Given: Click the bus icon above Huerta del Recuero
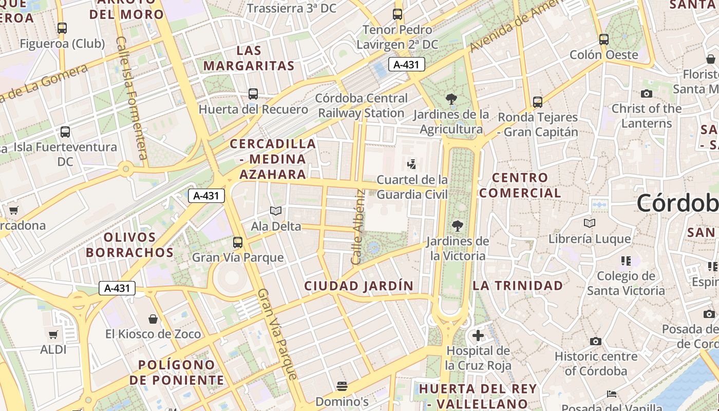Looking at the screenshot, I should point(253,94).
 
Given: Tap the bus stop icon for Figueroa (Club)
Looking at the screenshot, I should point(62,28).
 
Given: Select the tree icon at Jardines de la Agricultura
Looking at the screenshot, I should point(451,99).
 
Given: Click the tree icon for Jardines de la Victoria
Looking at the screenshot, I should point(457,226).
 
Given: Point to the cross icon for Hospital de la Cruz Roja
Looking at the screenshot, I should point(478,335).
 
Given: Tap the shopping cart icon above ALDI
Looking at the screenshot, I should point(53,335).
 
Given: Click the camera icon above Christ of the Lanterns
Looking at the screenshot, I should point(647,94).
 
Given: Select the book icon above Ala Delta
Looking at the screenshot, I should point(276,211).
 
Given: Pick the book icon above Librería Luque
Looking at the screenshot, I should point(590,223).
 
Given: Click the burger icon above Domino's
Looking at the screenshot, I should point(342,386).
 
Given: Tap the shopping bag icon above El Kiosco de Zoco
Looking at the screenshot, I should point(153,319).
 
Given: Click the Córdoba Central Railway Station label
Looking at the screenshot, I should point(362,105).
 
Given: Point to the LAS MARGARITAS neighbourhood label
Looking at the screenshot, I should point(249,58).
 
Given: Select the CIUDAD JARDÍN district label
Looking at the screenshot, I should point(358,286).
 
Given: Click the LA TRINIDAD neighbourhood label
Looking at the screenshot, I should point(518,286).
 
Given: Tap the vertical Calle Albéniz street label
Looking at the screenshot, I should point(358,227).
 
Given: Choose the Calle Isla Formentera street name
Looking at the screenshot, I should point(131,98).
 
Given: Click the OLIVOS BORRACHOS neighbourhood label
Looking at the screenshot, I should point(130,245).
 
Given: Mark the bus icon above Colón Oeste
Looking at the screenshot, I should point(604,39).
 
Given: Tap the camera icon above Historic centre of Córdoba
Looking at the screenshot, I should point(596,341).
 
